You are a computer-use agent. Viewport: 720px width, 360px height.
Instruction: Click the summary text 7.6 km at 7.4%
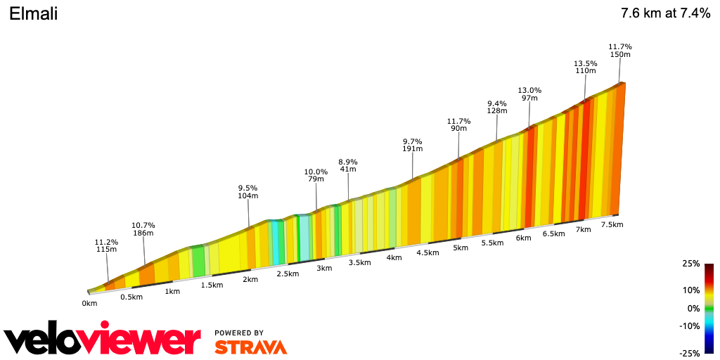pyautogui.click(x=665, y=13)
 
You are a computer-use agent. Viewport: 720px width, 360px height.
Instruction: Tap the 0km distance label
pyautogui.click(x=89, y=303)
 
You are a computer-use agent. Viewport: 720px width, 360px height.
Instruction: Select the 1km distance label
pyautogui.click(x=172, y=291)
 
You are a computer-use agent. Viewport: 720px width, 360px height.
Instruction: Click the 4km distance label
pyautogui.click(x=394, y=257)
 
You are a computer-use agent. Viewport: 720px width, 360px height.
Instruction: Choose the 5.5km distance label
pyautogui.click(x=492, y=243)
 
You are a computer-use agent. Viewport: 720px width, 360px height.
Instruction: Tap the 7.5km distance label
pyautogui.click(x=612, y=224)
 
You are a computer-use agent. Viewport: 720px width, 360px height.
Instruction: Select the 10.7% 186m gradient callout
pyautogui.click(x=143, y=229)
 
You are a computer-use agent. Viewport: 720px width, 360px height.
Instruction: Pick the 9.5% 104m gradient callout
pyautogui.click(x=248, y=192)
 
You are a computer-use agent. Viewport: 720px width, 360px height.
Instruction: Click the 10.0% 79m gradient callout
pyautogui.click(x=316, y=175)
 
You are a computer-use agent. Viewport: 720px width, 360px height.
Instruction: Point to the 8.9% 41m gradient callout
pyautogui.click(x=348, y=166)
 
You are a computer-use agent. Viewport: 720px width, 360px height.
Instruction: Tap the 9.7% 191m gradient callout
pyautogui.click(x=413, y=145)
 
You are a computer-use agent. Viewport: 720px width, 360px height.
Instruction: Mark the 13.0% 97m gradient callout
pyautogui.click(x=529, y=94)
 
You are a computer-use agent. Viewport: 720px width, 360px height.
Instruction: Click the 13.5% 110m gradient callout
pyautogui.click(x=586, y=67)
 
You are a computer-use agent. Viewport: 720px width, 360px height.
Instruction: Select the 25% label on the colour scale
pyautogui.click(x=690, y=264)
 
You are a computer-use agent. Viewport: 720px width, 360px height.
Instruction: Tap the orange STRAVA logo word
pyautogui.click(x=250, y=347)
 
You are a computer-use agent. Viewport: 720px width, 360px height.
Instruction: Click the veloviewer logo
pyautogui.click(x=103, y=341)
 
